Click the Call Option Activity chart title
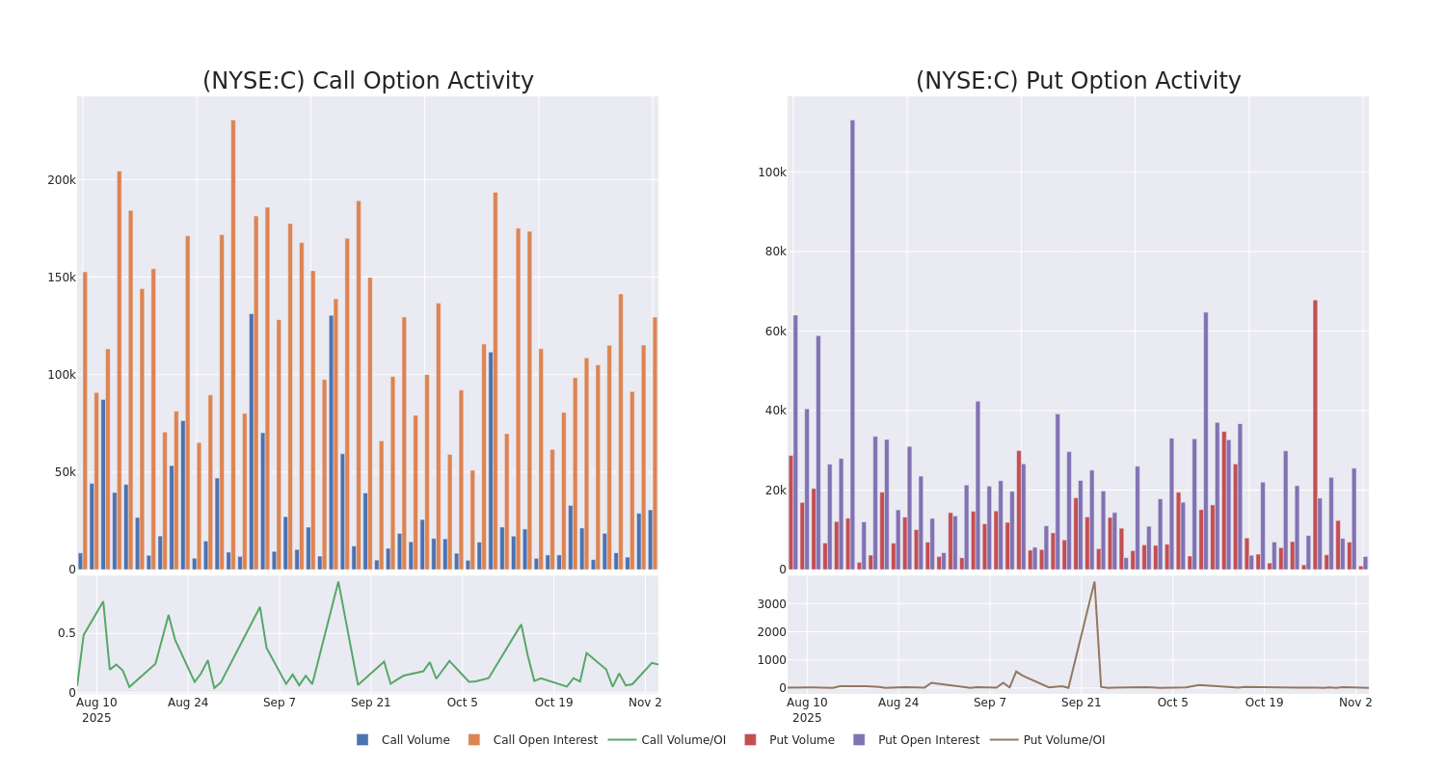click(367, 82)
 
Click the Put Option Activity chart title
click(1078, 82)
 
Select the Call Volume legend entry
click(403, 740)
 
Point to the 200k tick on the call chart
click(62, 180)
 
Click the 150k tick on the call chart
click(62, 278)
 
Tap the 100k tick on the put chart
click(772, 173)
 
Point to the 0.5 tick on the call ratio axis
click(66, 633)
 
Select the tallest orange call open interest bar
click(233, 344)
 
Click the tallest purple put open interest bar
click(852, 344)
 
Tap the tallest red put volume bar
click(1315, 434)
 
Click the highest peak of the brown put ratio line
click(1094, 582)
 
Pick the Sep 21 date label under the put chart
click(1082, 703)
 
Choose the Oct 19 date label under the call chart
click(553, 703)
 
